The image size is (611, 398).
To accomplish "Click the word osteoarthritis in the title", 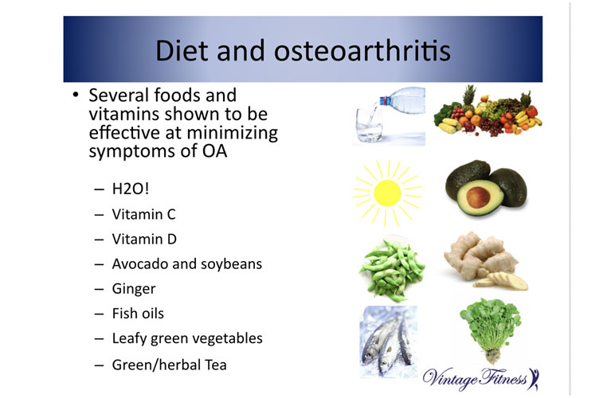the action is [362, 51].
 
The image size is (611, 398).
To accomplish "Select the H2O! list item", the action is [131, 189].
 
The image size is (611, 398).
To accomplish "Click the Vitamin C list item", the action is [143, 214].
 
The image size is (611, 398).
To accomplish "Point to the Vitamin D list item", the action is [144, 239].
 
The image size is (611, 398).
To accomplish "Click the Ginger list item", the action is [134, 290].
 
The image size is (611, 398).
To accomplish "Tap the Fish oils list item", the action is [138, 314].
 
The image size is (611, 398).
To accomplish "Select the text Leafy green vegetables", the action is [187, 339].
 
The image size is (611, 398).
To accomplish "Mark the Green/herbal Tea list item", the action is [169, 365].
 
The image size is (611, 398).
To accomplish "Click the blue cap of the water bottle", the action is [384, 101].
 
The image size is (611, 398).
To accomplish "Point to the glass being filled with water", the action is [369, 125].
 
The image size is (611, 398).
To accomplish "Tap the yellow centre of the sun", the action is [387, 193].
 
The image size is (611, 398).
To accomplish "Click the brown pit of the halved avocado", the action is [478, 197].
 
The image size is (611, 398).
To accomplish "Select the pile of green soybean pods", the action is [392, 271].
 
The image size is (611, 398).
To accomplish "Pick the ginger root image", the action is [485, 261].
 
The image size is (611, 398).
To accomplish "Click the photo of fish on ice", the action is [388, 341].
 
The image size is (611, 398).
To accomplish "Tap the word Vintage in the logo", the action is [450, 378].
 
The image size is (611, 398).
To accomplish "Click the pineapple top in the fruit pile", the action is [469, 95].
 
